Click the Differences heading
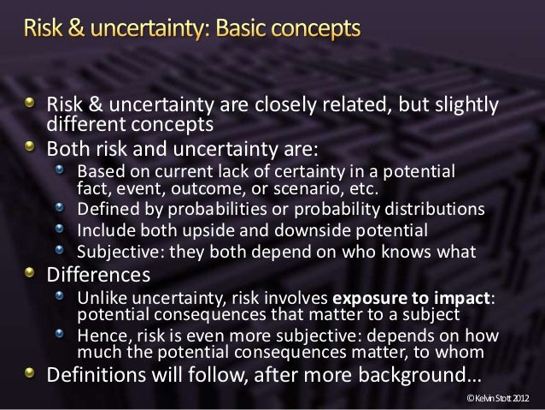coord(98,276)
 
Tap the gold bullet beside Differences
coord(31,274)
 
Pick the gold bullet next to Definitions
coord(31,373)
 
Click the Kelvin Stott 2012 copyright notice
coord(499,399)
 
